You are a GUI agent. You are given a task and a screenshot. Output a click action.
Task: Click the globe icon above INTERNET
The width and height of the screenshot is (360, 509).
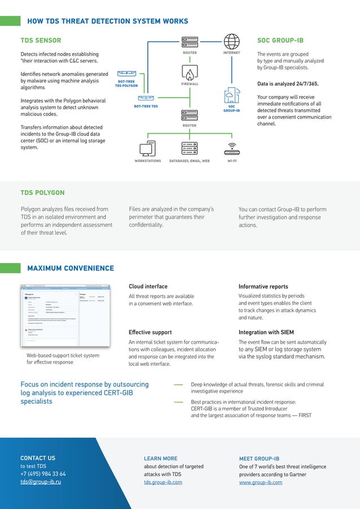(x=231, y=41)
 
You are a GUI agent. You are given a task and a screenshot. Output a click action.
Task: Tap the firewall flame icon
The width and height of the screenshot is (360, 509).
(x=190, y=73)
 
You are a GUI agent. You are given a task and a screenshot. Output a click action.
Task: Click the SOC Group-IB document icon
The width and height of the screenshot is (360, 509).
(x=231, y=95)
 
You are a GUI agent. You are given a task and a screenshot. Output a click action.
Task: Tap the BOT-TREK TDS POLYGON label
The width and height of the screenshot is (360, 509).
(x=126, y=84)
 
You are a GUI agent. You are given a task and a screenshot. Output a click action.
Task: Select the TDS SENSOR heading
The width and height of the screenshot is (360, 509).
(x=41, y=41)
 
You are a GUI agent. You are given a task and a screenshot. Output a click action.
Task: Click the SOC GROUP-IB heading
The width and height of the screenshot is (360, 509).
(x=280, y=41)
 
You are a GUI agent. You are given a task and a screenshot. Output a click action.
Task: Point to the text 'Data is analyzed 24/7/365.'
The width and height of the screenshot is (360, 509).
(x=288, y=84)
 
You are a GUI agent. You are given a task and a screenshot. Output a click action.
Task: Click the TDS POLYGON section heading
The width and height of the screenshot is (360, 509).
(x=42, y=193)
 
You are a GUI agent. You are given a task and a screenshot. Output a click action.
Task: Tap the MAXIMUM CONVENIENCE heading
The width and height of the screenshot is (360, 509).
(x=71, y=268)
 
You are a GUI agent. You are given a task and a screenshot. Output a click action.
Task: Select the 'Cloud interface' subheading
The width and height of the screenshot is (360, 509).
(x=148, y=286)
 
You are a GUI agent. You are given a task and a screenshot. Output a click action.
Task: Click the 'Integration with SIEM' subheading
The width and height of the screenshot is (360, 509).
(x=266, y=332)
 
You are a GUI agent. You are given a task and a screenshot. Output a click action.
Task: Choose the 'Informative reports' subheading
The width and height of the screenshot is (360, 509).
(x=263, y=286)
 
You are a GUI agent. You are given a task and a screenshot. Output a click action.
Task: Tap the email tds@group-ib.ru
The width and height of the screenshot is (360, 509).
(x=41, y=482)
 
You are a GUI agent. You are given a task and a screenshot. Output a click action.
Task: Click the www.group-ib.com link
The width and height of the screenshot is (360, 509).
(x=261, y=482)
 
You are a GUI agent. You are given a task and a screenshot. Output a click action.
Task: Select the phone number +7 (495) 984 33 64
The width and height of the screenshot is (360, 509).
(x=43, y=474)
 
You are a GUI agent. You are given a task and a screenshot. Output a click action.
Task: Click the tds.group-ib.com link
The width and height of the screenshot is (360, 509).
(x=163, y=482)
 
